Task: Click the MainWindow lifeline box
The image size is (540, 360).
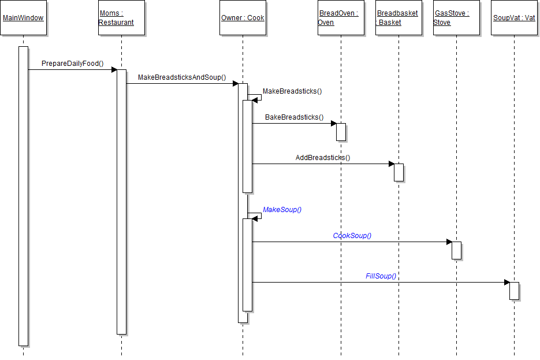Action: click(x=23, y=18)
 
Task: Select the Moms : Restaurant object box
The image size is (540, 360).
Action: click(x=121, y=18)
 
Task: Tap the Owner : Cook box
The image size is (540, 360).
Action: click(x=243, y=18)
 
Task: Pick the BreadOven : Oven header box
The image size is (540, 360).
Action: click(x=341, y=18)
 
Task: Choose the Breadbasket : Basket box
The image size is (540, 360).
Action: click(x=399, y=18)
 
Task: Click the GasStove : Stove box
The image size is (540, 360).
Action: click(x=456, y=18)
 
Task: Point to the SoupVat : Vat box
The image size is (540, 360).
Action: click(x=514, y=18)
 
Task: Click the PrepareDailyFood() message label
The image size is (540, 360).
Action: click(x=72, y=63)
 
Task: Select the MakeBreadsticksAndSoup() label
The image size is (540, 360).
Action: click(x=182, y=77)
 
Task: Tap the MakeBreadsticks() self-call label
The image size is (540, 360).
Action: click(x=292, y=91)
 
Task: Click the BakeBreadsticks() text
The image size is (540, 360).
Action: click(x=294, y=117)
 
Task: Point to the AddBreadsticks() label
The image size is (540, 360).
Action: click(x=323, y=157)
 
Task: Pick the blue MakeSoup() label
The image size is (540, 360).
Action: click(x=282, y=210)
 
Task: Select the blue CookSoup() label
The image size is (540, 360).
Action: click(x=352, y=236)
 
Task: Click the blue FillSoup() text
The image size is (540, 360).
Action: click(x=381, y=276)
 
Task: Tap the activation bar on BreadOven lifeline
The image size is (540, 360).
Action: click(x=341, y=132)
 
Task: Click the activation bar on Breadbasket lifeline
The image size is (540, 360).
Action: click(x=399, y=172)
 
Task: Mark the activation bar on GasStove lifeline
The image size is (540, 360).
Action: click(x=456, y=250)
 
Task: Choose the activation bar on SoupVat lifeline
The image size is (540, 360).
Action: click(x=514, y=291)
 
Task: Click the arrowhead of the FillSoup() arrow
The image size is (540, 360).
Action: click(x=507, y=283)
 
